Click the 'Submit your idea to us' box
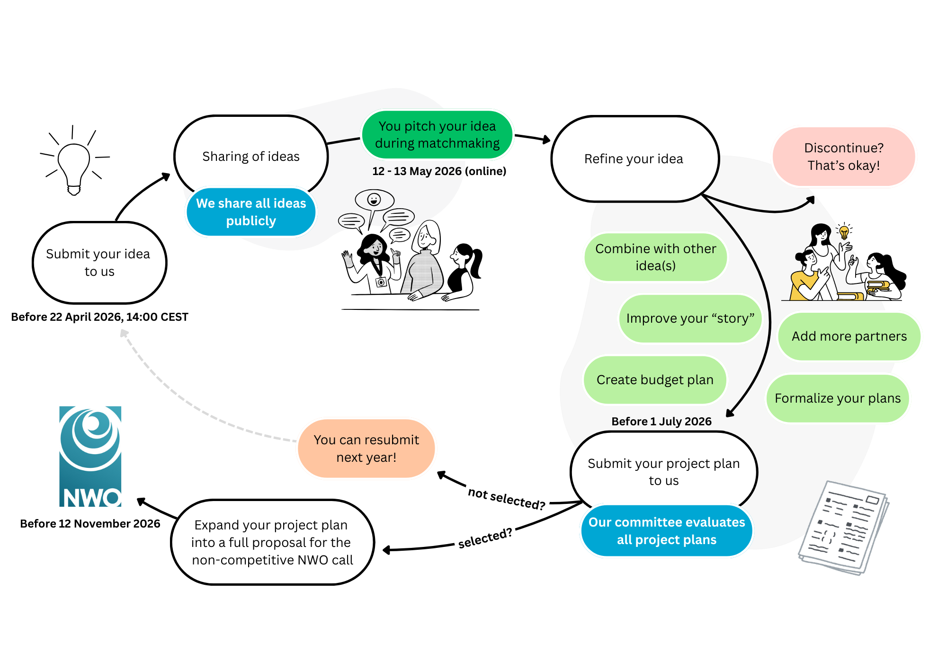(99, 263)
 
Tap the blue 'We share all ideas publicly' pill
(251, 212)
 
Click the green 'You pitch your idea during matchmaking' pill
(437, 134)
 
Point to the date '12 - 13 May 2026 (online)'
(439, 171)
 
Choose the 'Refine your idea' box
(634, 159)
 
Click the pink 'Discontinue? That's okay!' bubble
(843, 157)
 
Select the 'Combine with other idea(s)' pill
(655, 257)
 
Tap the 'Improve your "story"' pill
(690, 318)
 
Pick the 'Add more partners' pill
(849, 336)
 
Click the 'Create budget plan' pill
(655, 380)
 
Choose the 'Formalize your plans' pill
(837, 398)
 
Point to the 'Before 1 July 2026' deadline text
(661, 422)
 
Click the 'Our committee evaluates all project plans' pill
(666, 531)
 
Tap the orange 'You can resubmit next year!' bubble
(366, 449)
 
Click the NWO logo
(90, 457)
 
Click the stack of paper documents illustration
(843, 528)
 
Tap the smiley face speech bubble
(374, 200)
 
